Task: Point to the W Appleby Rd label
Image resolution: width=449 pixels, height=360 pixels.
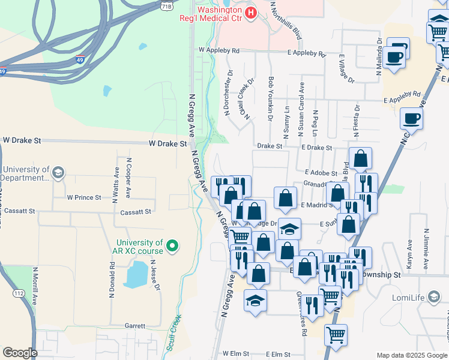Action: tap(220, 51)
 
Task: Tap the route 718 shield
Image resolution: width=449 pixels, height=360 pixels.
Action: tap(167, 5)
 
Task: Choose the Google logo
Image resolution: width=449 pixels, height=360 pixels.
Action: tap(19, 353)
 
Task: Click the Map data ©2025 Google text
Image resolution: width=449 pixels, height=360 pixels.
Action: tap(412, 355)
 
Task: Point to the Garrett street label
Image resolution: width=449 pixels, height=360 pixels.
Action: tap(135, 326)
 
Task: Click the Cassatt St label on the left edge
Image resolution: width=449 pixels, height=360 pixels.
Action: tap(19, 211)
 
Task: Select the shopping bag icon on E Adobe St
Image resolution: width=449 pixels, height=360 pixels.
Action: tap(360, 159)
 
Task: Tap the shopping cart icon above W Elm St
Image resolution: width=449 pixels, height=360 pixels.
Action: tap(336, 335)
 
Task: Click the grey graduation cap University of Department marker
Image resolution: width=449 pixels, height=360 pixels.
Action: tap(58, 173)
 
